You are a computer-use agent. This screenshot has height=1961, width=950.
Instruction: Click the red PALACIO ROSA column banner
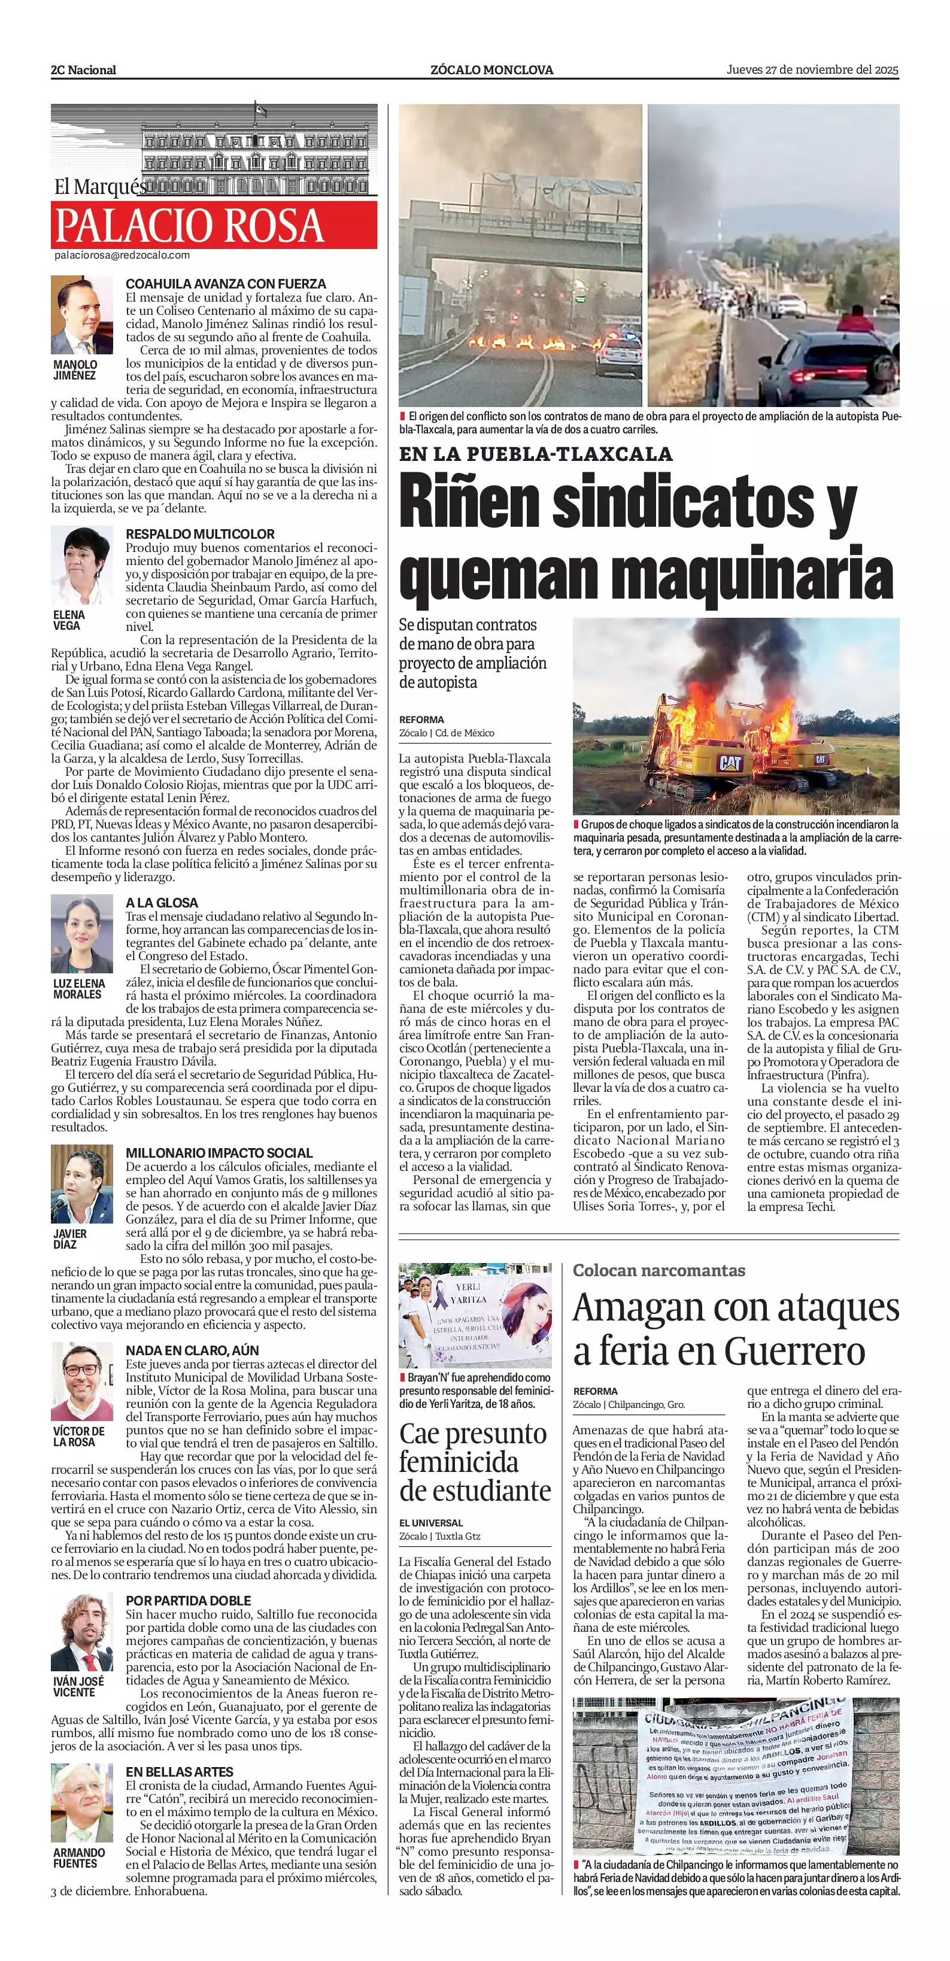click(214, 225)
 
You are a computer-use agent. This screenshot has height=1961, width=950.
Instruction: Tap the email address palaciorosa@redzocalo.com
click(122, 256)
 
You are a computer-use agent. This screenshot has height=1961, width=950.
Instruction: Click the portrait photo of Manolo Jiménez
click(81, 315)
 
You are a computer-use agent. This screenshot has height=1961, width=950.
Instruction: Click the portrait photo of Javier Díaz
click(81, 1184)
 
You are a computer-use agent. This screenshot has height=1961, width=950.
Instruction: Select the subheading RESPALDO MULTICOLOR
click(199, 533)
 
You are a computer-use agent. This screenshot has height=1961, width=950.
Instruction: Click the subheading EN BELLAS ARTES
click(179, 1771)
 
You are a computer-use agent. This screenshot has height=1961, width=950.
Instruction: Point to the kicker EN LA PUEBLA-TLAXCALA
click(536, 454)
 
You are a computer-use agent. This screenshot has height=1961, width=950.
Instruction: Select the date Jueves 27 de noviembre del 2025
click(812, 69)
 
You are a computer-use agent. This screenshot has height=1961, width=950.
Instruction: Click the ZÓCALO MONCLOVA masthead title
click(491, 70)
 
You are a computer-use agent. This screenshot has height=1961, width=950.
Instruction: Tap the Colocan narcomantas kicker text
click(658, 1270)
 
